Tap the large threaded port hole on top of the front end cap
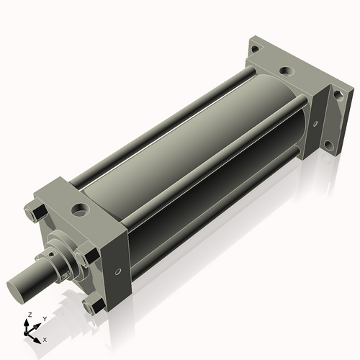click(x=80, y=212)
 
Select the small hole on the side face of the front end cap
click(x=117, y=274)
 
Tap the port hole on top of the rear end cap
click(x=287, y=71)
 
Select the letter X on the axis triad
click(x=45, y=338)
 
